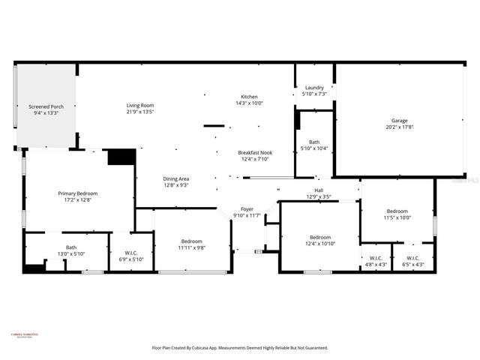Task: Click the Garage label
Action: point(399,124)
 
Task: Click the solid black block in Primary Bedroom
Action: point(121,157)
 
